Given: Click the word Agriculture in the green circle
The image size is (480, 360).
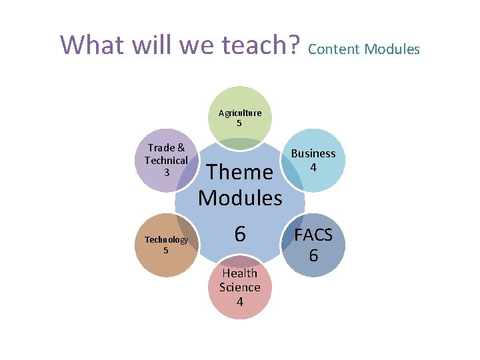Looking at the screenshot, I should click(x=240, y=113).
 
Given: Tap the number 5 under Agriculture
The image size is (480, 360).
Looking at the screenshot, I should click(x=239, y=123).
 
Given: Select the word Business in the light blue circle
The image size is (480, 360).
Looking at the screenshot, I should click(x=313, y=153).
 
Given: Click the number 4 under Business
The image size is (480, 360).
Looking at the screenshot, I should click(x=313, y=167).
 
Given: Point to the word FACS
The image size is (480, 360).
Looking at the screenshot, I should click(x=313, y=236).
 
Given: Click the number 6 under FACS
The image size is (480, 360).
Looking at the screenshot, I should click(x=313, y=255).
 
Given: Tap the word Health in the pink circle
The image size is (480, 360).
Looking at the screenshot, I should click(x=239, y=273).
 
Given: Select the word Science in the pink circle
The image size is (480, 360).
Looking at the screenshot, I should click(x=239, y=287).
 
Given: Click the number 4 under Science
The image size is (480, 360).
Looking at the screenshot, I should click(x=239, y=301).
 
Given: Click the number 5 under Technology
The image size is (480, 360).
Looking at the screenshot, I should click(x=166, y=250).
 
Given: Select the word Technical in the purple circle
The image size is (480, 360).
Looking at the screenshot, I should click(x=166, y=161).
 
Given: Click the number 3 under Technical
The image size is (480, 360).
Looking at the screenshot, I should click(x=166, y=173).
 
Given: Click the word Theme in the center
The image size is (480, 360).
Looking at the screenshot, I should click(x=240, y=172).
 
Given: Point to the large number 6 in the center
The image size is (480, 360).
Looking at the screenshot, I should click(x=240, y=233).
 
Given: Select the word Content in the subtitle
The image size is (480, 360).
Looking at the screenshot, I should click(x=333, y=49).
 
